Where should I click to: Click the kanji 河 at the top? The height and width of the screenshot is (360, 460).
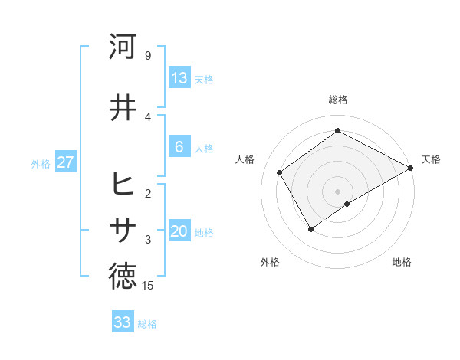(123, 47)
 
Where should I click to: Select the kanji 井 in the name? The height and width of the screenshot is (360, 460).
(123, 107)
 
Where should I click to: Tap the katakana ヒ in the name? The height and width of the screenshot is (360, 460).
(123, 185)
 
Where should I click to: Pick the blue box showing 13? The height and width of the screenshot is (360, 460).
(179, 78)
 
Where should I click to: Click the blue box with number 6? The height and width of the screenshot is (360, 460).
(179, 148)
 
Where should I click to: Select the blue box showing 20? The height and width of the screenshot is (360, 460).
(179, 232)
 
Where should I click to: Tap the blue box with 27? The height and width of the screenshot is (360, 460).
(66, 162)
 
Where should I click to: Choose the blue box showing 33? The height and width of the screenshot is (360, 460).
(123, 322)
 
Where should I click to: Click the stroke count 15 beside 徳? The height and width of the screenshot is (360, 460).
(148, 286)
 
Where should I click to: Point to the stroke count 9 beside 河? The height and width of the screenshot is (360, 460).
(147, 56)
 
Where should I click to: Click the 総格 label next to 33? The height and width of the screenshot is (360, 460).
(147, 324)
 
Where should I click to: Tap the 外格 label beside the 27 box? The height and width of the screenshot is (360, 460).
(41, 164)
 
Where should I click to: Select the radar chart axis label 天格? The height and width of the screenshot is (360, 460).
(431, 159)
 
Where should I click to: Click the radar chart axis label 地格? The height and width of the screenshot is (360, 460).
(402, 262)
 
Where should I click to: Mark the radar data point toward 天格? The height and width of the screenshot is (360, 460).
(411, 169)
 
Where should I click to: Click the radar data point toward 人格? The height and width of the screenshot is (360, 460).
(280, 172)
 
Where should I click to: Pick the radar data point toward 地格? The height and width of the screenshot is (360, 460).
(347, 204)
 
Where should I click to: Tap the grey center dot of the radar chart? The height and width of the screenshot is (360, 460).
(337, 190)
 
